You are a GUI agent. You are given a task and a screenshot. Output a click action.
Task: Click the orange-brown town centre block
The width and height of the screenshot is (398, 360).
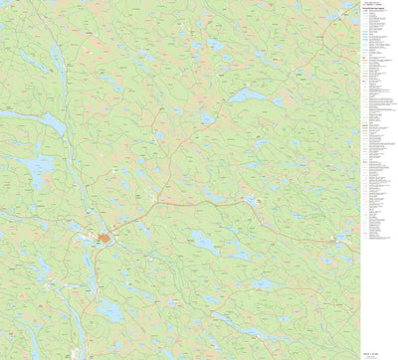pyautogui.click(x=104, y=238)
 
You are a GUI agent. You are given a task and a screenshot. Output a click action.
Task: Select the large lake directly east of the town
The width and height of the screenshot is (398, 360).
pyautogui.click(x=204, y=240)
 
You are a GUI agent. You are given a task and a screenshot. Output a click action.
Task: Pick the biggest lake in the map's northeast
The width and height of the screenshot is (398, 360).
pyautogui.click(x=249, y=96)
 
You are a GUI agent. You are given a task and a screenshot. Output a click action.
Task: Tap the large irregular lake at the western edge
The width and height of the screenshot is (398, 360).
pyautogui.click(x=40, y=170)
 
